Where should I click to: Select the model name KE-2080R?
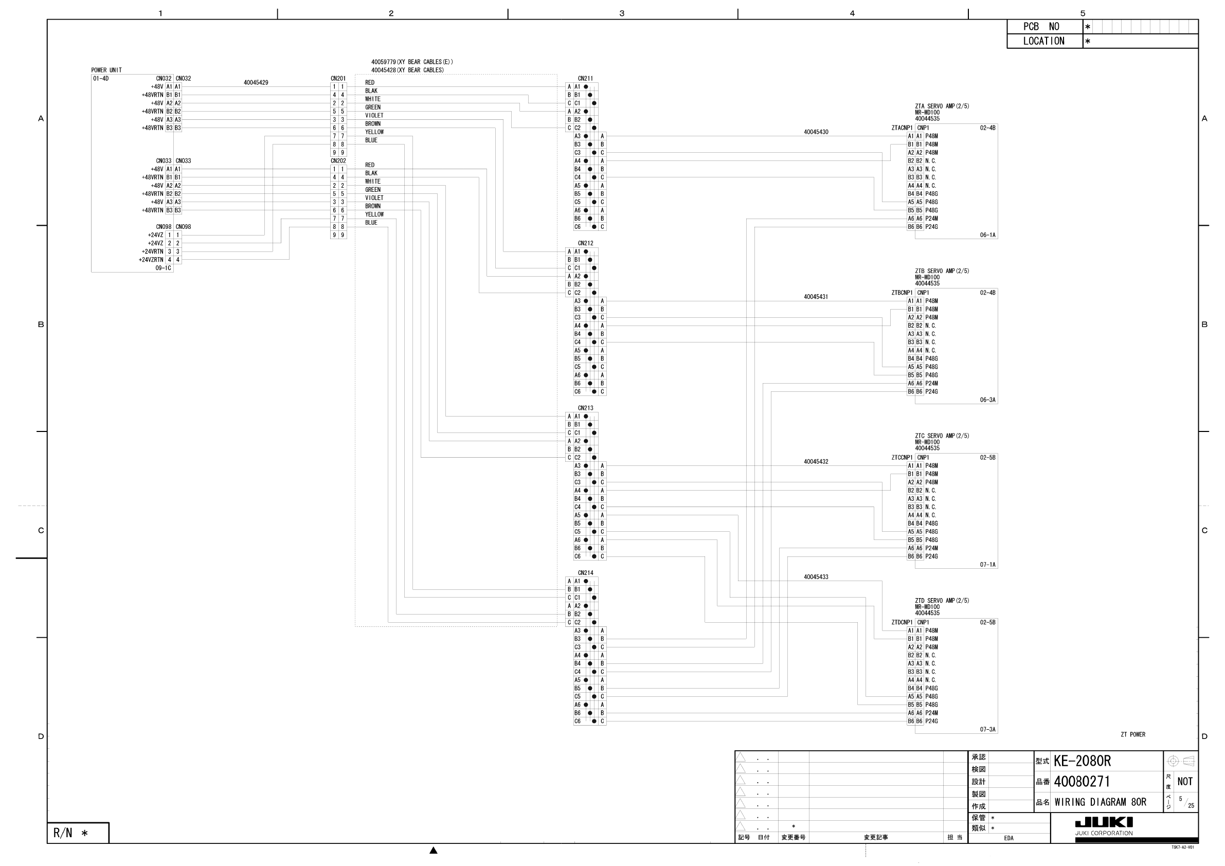1082,761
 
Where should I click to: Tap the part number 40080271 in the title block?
1082,782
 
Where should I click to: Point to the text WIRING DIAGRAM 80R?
1100,802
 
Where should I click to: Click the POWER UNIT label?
106,70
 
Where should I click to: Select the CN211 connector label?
585,79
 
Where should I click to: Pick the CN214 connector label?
585,573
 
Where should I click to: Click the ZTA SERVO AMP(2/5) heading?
942,106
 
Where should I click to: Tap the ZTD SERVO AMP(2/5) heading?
942,601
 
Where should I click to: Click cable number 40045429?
256,83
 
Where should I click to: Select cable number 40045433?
816,577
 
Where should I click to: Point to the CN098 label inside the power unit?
163,227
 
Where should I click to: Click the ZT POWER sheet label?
1133,734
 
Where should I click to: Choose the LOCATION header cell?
1044,41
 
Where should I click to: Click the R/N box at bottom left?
77,833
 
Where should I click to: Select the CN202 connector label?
338,160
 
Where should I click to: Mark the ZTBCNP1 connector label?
902,293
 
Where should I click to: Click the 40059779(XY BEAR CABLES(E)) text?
412,62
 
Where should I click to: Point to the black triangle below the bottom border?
434,851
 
